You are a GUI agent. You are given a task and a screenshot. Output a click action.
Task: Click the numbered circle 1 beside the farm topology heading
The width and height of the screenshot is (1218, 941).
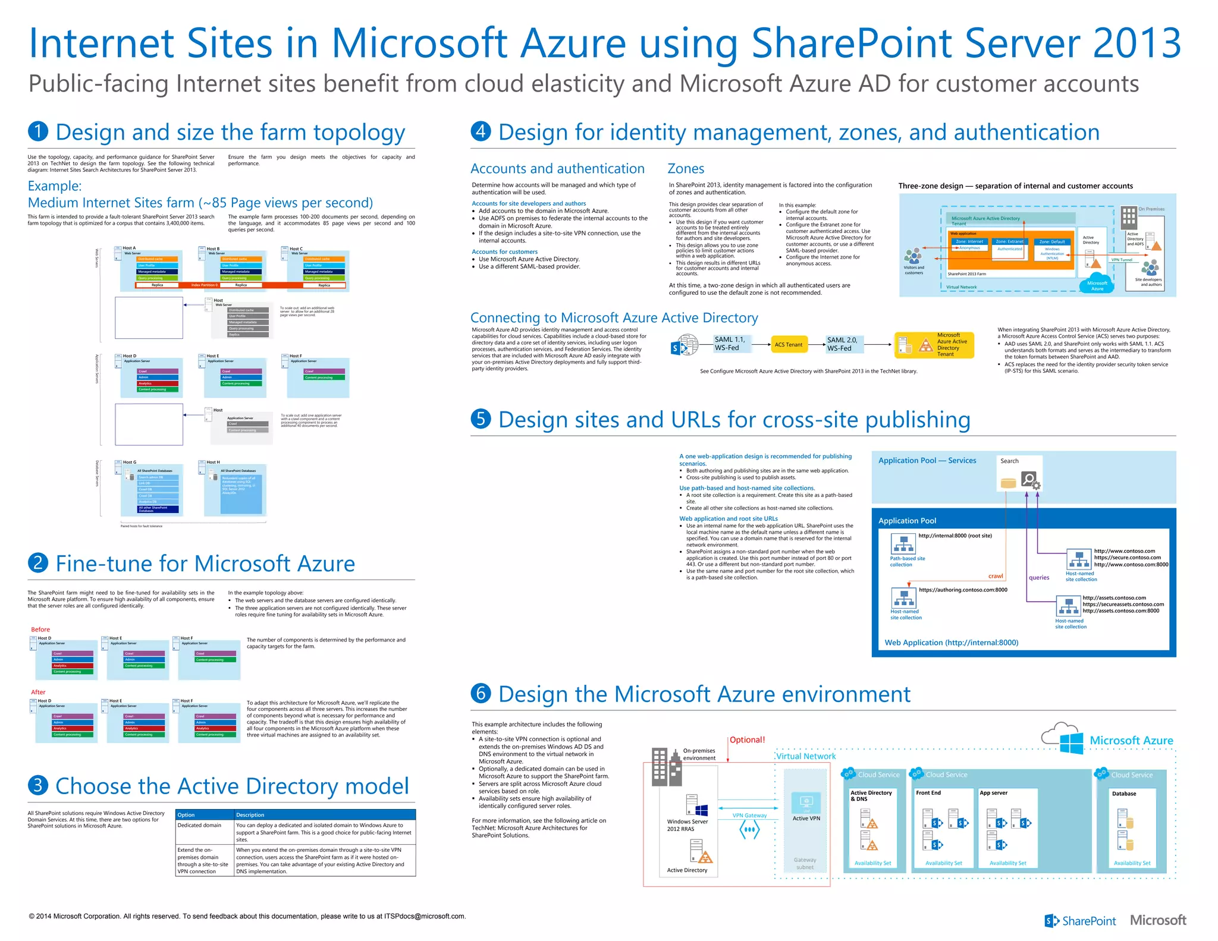38,131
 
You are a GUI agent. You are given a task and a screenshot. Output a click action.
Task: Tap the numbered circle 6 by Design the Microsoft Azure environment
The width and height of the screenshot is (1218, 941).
481,693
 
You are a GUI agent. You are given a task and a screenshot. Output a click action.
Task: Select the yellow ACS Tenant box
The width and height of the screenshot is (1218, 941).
789,344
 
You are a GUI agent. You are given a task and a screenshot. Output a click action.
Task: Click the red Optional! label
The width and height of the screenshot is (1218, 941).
747,739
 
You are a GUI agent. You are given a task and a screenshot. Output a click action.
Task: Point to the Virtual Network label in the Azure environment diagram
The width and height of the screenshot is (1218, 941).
806,756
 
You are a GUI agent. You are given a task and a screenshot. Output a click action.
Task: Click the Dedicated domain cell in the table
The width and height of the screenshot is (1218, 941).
199,825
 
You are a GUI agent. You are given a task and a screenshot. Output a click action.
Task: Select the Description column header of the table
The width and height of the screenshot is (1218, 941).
250,814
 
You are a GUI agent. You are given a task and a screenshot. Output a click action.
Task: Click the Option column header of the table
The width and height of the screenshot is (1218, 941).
186,814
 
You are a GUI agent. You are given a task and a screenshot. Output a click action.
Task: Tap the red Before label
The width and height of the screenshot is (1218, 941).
40,629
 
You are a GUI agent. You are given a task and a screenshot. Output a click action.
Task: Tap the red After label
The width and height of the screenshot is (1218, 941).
38,692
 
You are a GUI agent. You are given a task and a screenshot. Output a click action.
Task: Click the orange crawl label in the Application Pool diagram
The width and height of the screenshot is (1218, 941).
996,575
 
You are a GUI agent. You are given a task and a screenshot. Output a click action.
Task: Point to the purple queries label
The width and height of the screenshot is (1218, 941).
1039,577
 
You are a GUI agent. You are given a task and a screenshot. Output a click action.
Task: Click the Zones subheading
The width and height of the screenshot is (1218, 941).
686,169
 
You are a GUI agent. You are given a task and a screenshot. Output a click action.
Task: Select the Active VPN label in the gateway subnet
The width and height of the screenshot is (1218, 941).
806,819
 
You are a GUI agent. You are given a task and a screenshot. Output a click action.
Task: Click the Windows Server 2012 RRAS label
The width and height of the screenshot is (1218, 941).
687,825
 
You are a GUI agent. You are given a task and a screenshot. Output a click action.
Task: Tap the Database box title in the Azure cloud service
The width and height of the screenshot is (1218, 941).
1123,794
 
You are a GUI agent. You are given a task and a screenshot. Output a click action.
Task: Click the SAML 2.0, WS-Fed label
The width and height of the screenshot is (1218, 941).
842,344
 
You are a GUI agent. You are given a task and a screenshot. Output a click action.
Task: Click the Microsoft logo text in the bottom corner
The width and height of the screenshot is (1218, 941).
1158,920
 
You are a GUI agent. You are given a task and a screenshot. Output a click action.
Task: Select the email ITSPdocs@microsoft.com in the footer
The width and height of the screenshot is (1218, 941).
424,916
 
